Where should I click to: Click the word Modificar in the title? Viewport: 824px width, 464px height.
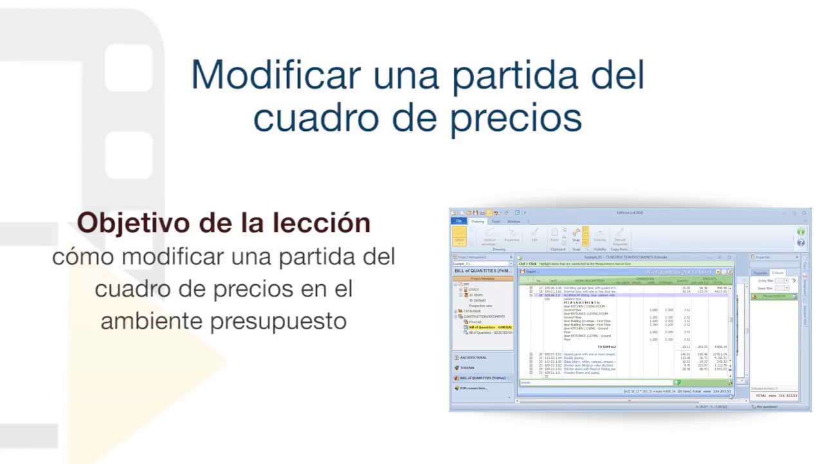point(276,75)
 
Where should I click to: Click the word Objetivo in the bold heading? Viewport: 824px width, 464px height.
point(133,223)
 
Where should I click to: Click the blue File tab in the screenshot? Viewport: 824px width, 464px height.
point(459,221)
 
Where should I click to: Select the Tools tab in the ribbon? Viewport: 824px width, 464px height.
point(496,221)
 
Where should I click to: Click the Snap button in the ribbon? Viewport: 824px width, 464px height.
point(576,235)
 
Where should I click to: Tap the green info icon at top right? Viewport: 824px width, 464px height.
point(801,231)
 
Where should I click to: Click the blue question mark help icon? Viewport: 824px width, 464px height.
point(801,242)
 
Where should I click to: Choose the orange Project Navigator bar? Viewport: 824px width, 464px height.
point(482,278)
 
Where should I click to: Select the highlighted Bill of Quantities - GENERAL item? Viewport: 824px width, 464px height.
point(490,327)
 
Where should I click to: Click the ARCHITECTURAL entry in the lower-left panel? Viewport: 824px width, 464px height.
point(473,357)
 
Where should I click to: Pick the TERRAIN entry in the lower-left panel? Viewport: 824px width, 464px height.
point(467,367)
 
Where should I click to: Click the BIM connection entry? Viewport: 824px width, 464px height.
point(474,388)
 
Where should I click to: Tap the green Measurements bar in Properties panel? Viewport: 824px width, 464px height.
point(774,296)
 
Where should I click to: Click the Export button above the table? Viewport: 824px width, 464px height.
point(531,271)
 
